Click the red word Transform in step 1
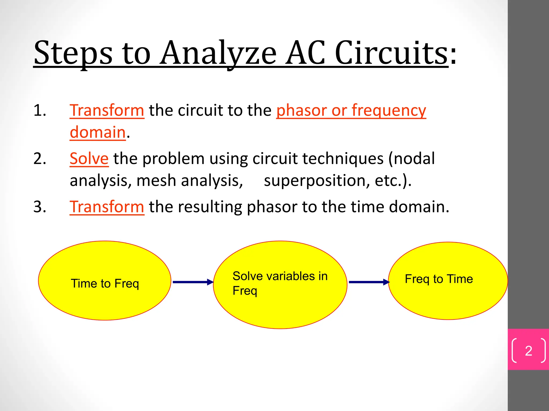(107, 110)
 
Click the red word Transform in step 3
(107, 207)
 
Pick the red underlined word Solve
(89, 159)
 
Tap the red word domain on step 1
(98, 132)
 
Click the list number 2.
(40, 159)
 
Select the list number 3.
(40, 207)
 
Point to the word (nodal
(412, 159)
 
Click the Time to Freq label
(105, 283)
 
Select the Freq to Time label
(439, 279)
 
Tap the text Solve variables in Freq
(280, 283)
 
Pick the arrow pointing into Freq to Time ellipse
(369, 282)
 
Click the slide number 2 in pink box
(528, 351)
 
